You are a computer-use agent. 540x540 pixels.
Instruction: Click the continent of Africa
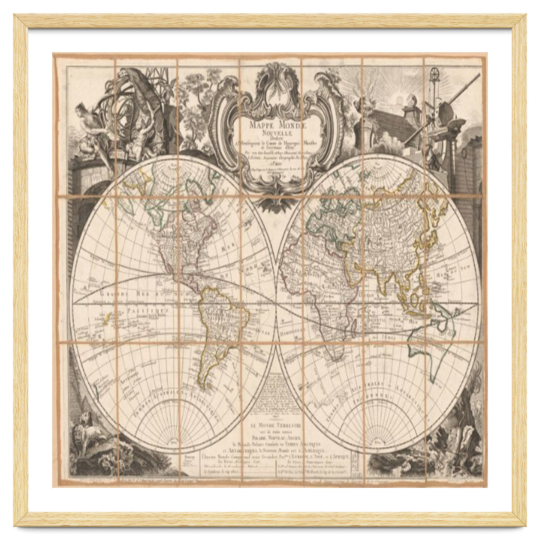[x=324, y=306]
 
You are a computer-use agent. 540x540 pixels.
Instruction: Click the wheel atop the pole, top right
[x=435, y=74]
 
